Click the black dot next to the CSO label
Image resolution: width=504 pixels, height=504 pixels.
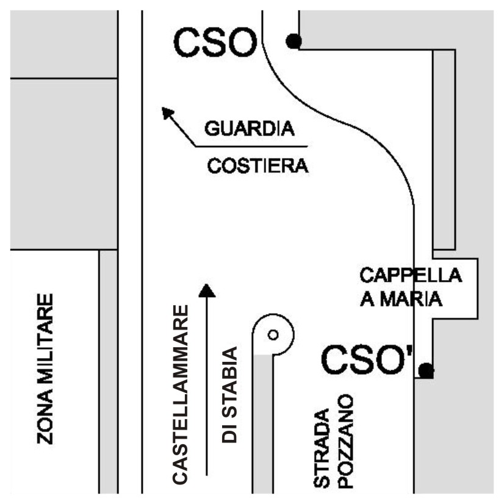[x=293, y=41]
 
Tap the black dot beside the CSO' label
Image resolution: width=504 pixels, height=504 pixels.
[x=427, y=370]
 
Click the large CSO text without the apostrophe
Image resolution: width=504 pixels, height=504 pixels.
[x=215, y=43]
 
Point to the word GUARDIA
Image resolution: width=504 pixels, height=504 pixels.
[x=250, y=129]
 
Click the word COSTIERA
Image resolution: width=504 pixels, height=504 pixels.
[x=257, y=166]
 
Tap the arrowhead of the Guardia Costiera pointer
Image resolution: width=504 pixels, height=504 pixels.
[x=167, y=113]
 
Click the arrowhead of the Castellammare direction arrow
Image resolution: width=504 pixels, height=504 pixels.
[x=207, y=290]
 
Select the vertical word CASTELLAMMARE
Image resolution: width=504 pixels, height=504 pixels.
[x=180, y=394]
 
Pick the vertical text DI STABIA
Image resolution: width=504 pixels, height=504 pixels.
[x=229, y=395]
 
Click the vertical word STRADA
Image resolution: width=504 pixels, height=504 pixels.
[x=322, y=448]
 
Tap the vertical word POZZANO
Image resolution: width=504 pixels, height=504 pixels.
[x=346, y=441]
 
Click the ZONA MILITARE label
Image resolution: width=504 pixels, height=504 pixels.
[x=45, y=369]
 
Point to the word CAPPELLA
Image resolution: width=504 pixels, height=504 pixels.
[x=411, y=275]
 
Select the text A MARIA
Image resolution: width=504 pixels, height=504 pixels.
[x=401, y=299]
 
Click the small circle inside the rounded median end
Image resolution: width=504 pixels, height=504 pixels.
[x=273, y=335]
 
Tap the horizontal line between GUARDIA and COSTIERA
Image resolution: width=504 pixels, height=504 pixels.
[x=251, y=146]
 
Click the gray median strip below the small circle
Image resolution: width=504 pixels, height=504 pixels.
[x=263, y=423]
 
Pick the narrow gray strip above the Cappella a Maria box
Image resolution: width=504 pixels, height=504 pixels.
[x=444, y=149]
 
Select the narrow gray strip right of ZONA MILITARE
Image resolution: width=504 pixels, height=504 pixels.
[x=109, y=372]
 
